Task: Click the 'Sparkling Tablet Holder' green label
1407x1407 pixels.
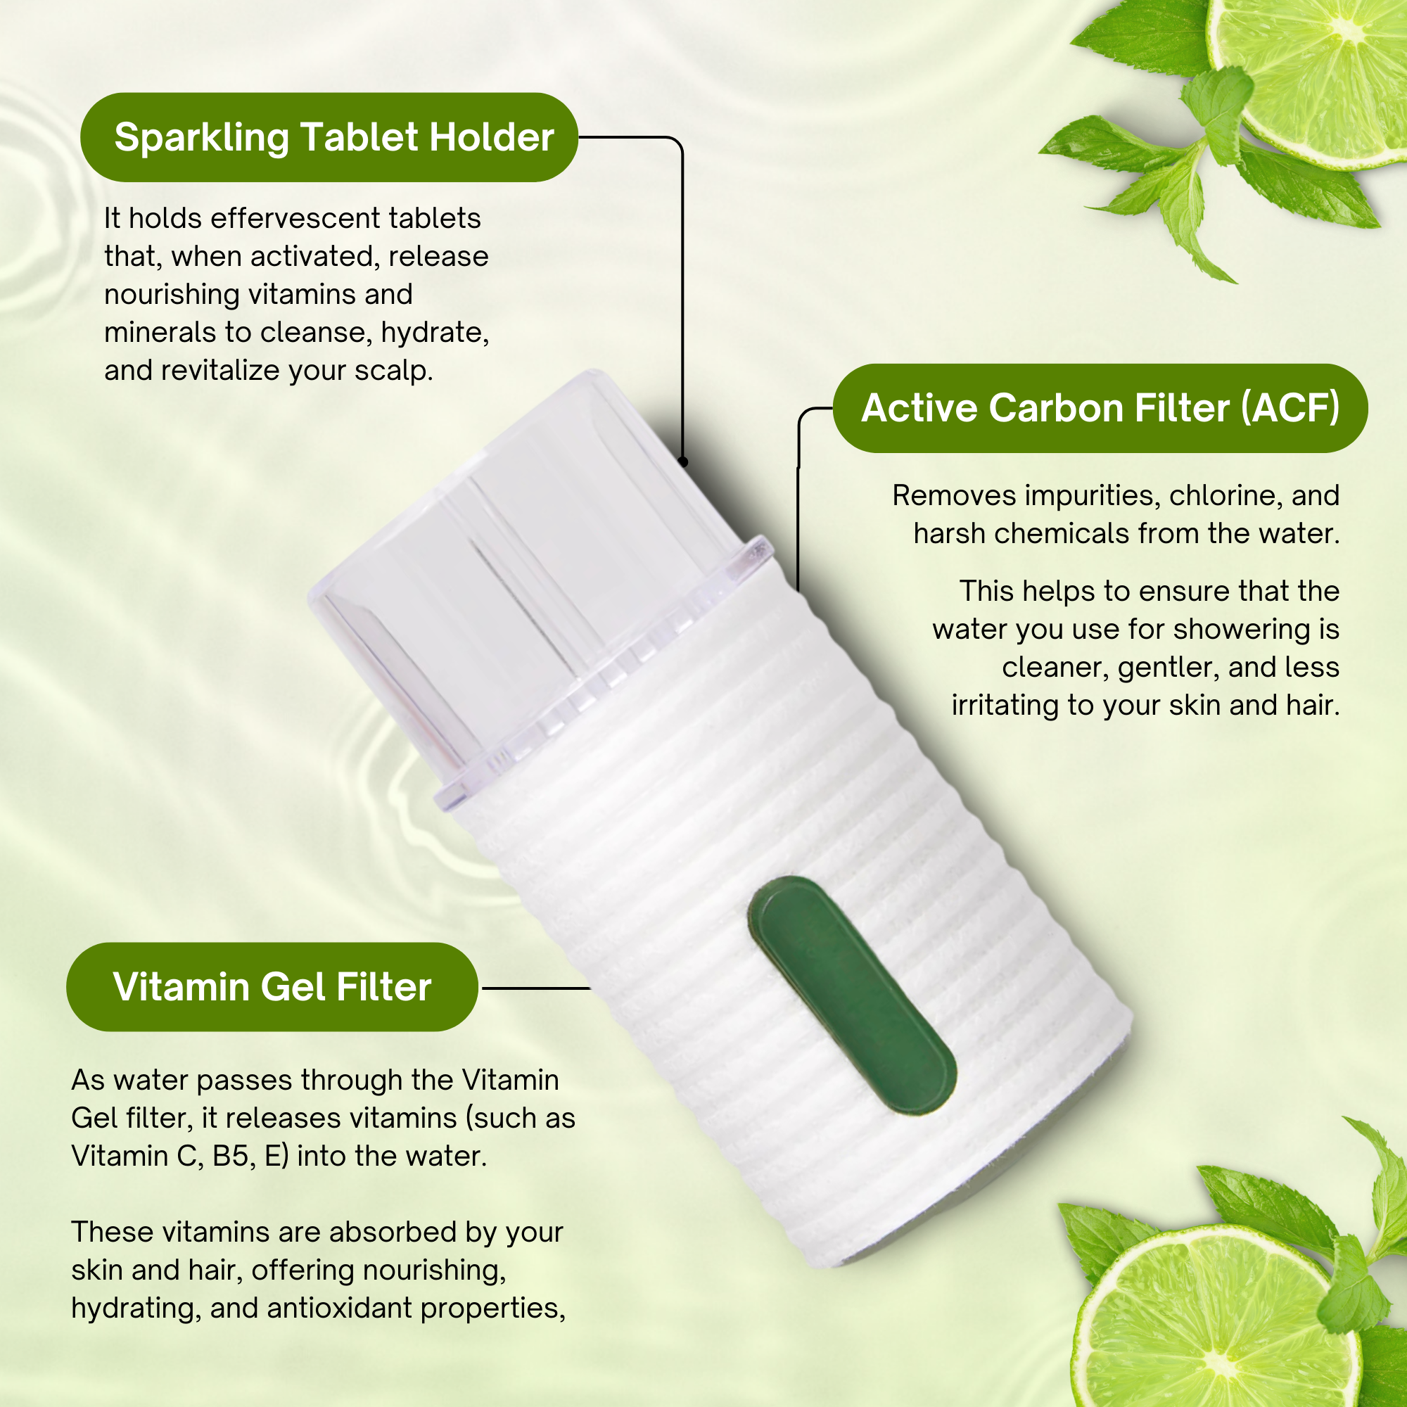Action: point(329,137)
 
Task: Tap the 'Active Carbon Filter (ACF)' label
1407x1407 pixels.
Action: point(1100,408)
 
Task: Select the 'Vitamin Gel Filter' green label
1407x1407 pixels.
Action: point(272,987)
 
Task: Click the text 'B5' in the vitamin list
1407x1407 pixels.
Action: point(233,1157)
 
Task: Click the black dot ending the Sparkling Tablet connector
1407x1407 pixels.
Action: point(683,461)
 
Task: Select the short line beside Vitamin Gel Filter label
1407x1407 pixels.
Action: point(535,988)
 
